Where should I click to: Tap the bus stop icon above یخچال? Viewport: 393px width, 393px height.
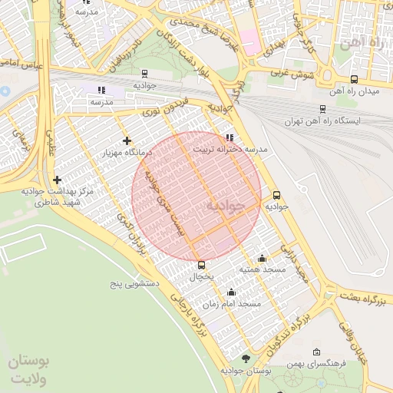pos(201,265)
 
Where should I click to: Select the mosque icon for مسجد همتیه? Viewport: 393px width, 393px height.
pos(262,258)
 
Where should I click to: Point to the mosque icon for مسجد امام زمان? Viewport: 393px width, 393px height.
pos(231,292)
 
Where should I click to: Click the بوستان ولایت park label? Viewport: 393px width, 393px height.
pos(28,370)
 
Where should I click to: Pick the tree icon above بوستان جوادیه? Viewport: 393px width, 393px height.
pos(246,358)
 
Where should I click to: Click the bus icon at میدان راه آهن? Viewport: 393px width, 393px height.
pos(354,79)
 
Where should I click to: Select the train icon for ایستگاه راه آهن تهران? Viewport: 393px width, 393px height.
pos(322,109)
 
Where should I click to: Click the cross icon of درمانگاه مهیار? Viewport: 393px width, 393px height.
pos(127,140)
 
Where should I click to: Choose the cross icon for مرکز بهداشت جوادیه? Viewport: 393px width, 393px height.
pos(56,180)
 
